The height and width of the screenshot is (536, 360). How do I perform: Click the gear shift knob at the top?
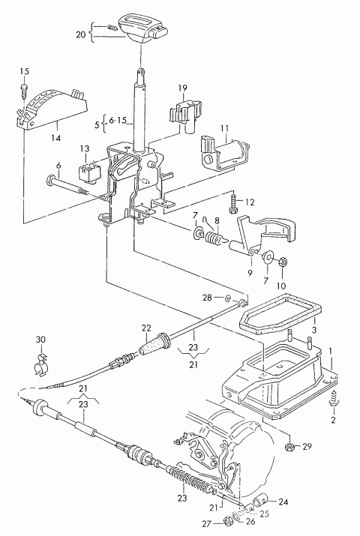pos(143,29)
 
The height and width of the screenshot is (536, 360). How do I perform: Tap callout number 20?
pos(81,34)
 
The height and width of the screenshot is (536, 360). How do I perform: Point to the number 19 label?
pos(182,88)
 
